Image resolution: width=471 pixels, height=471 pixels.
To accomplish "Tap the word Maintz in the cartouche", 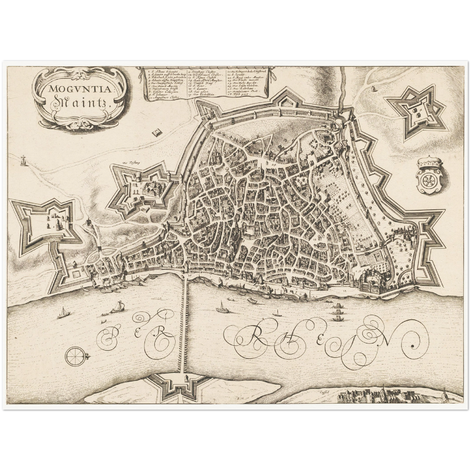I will point(81,103).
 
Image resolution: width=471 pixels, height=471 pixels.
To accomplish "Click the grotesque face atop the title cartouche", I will point(79,74).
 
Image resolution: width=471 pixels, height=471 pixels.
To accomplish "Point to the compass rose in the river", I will point(75,356).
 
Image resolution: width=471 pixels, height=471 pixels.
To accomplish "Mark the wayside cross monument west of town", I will point(23,160).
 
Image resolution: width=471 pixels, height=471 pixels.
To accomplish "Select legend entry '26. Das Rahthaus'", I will point(239,88).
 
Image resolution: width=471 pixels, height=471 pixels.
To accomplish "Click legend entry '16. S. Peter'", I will point(198,85).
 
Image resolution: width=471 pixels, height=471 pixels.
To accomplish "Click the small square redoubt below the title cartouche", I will point(157,132).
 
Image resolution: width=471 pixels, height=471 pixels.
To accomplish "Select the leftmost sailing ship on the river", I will point(64,314).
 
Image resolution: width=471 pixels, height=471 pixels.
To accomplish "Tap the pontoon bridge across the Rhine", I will point(184,323).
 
